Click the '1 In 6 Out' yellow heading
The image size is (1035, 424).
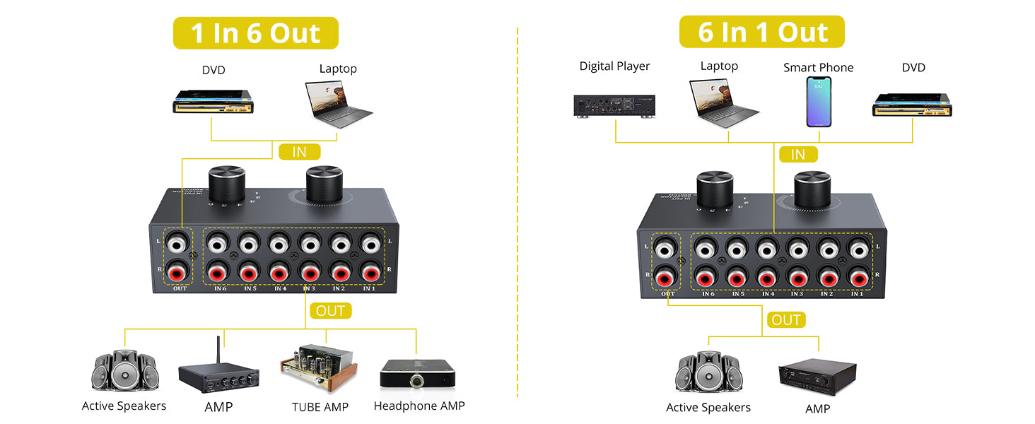255,33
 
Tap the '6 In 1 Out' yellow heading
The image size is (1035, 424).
762,32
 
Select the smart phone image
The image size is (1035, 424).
819,102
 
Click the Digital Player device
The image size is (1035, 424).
614,105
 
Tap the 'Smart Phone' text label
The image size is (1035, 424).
818,68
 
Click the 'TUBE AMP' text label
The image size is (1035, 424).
320,407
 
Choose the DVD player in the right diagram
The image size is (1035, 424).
912,105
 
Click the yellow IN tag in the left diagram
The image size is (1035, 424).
299,151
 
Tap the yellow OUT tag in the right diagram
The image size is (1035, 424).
785,320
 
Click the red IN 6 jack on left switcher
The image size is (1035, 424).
217,272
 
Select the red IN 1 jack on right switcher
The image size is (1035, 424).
858,278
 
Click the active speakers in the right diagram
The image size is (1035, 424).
708,372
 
